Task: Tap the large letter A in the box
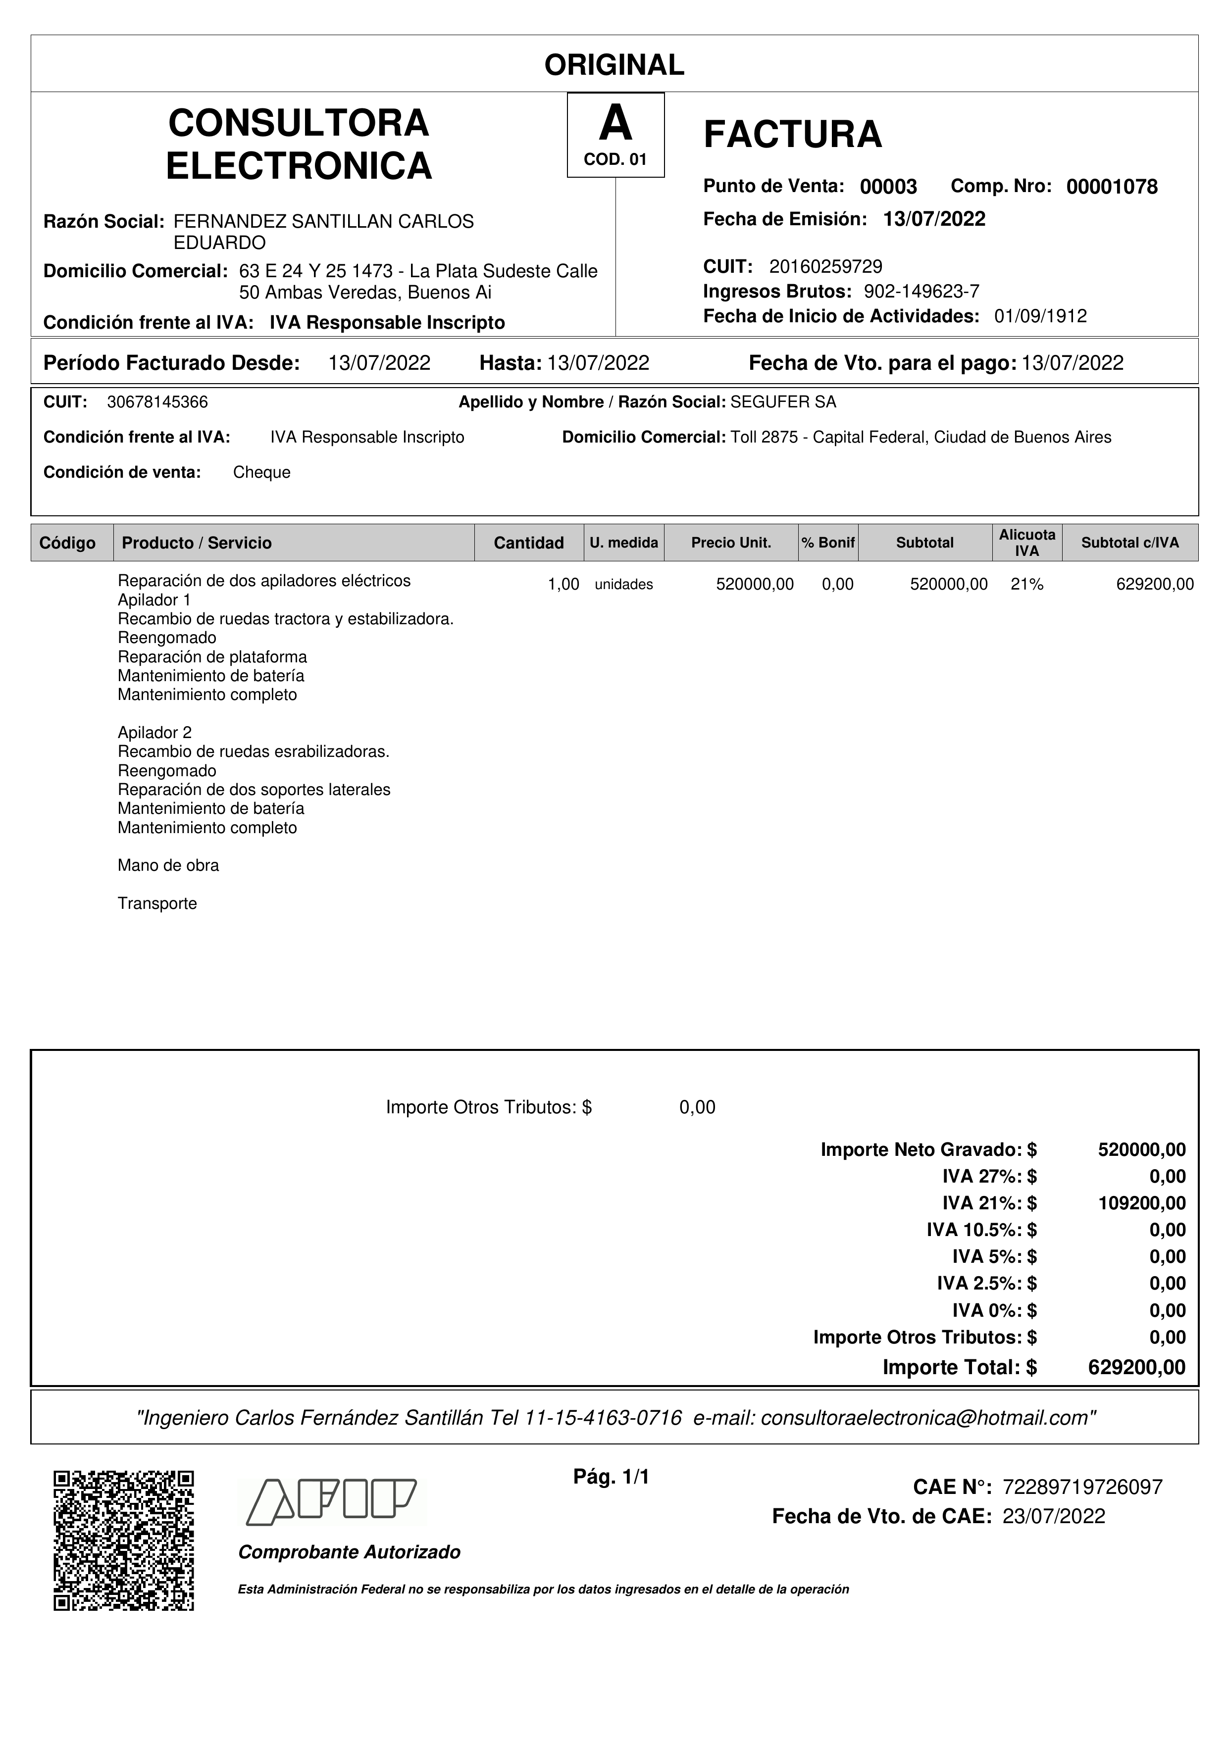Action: click(x=615, y=123)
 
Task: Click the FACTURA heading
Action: click(x=792, y=135)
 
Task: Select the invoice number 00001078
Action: click(x=1112, y=187)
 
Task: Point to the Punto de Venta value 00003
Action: click(x=888, y=187)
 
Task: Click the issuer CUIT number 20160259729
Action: click(x=825, y=266)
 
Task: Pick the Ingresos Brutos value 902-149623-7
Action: click(x=921, y=291)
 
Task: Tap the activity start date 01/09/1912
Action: click(x=1040, y=316)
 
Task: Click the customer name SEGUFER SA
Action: click(x=783, y=402)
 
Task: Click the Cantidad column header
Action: click(x=528, y=543)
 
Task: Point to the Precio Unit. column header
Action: click(x=731, y=543)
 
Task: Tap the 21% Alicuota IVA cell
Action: click(x=1027, y=585)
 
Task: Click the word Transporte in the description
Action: click(x=157, y=903)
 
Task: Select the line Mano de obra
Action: click(x=168, y=865)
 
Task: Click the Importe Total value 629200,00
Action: click(x=1136, y=1367)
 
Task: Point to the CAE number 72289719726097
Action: click(x=1082, y=1488)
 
